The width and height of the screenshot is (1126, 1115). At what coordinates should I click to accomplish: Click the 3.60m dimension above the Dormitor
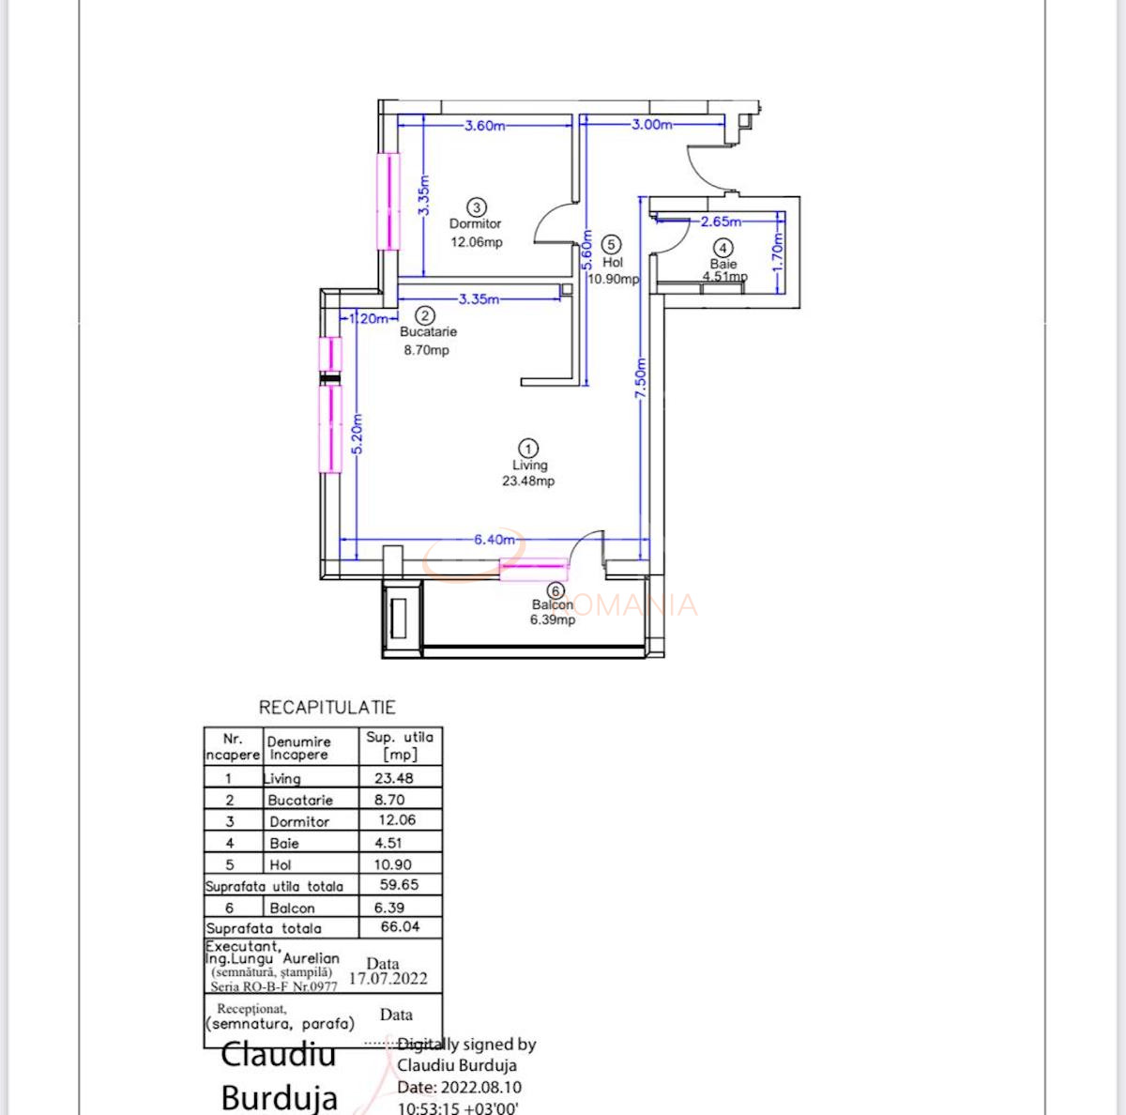(x=485, y=126)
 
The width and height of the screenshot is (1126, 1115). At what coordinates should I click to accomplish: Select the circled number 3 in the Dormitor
(x=477, y=207)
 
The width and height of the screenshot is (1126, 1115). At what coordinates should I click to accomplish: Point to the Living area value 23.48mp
(x=528, y=481)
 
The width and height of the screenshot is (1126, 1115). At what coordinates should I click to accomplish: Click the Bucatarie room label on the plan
(x=428, y=332)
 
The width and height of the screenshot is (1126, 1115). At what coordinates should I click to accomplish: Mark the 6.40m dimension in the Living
(x=495, y=540)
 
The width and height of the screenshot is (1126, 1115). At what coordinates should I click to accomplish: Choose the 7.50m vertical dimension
(x=642, y=378)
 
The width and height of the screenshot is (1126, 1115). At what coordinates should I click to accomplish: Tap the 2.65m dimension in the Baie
(x=721, y=222)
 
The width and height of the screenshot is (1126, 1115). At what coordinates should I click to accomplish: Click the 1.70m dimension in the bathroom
(x=777, y=252)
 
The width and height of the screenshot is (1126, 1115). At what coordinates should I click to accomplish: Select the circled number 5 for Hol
(x=611, y=245)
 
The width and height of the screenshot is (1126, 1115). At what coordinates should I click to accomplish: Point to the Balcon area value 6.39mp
(x=553, y=620)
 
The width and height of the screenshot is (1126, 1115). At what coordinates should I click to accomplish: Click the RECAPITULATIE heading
(x=327, y=708)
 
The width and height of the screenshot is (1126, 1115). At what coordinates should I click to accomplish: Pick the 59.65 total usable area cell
(x=399, y=885)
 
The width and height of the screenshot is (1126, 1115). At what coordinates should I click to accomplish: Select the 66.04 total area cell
(x=400, y=927)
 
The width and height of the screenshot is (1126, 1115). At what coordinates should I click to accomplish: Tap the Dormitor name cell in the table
(x=299, y=821)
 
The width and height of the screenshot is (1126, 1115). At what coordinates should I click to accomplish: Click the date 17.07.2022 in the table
(x=388, y=979)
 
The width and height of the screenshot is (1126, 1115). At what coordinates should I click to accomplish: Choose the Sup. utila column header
(x=400, y=746)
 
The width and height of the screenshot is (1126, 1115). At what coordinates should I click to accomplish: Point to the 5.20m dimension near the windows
(x=358, y=435)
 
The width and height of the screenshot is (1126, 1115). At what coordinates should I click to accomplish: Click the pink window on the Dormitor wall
(x=388, y=201)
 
